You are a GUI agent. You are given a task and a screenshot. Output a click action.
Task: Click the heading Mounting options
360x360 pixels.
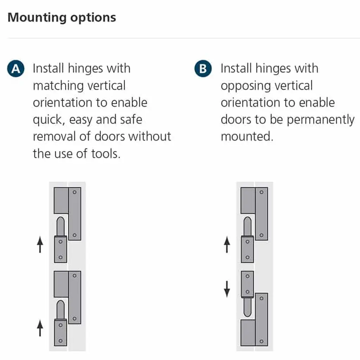pyautogui.click(x=62, y=18)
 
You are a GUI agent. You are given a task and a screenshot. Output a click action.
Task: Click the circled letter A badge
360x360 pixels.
pyautogui.click(x=15, y=69)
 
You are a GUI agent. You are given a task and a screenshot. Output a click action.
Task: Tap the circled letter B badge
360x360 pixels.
pyautogui.click(x=203, y=69)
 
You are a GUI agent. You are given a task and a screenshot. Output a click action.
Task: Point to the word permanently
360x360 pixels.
pyautogui.click(x=320, y=120)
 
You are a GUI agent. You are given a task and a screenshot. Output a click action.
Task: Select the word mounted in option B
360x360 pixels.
pyautogui.click(x=246, y=136)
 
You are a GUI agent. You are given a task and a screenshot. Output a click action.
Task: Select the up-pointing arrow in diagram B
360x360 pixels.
pyautogui.click(x=227, y=245)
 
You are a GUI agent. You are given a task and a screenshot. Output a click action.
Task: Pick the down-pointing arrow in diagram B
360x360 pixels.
pyautogui.click(x=227, y=288)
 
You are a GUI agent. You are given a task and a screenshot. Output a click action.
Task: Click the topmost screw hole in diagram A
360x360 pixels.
pyautogui.click(x=74, y=192)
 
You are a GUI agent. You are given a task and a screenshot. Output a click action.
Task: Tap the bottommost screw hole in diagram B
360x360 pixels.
pyautogui.click(x=261, y=341)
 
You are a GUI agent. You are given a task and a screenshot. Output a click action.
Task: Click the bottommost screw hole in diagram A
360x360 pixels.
pyautogui.click(x=60, y=340)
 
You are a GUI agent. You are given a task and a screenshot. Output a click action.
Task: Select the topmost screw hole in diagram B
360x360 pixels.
pyautogui.click(x=261, y=192)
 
